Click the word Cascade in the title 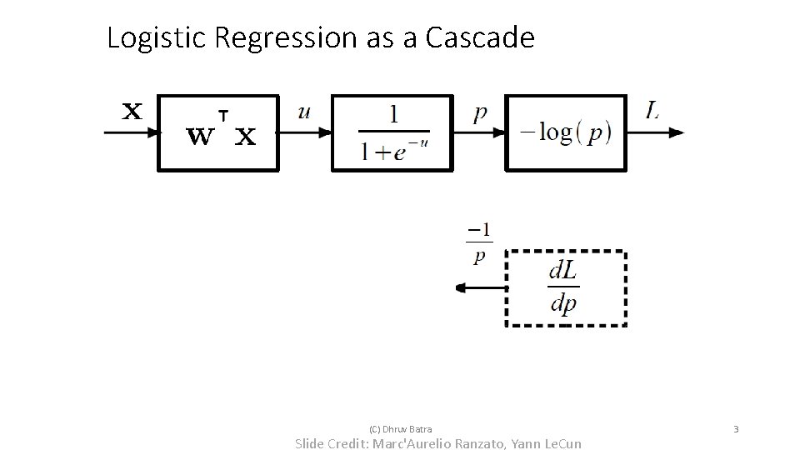(479, 38)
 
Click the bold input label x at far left (132, 111)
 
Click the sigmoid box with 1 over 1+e (392, 133)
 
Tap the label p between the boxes (480, 113)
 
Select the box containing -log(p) (566, 133)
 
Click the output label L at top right (652, 111)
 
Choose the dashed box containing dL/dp (567, 288)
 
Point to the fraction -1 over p (478, 242)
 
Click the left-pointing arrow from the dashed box (480, 288)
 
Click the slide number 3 (735, 429)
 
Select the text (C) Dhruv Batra (400, 429)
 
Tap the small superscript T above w (222, 114)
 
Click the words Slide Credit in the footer (335, 443)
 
